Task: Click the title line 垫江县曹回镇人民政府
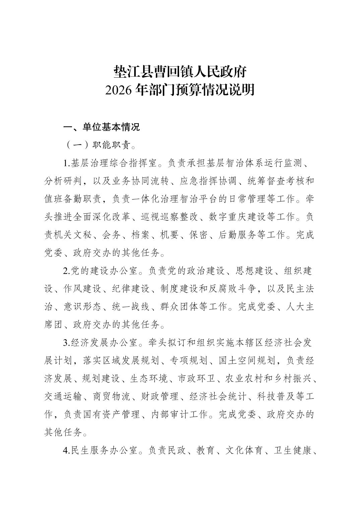[x=180, y=72]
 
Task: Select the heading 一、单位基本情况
[x=101, y=127]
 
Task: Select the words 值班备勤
[x=64, y=199]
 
